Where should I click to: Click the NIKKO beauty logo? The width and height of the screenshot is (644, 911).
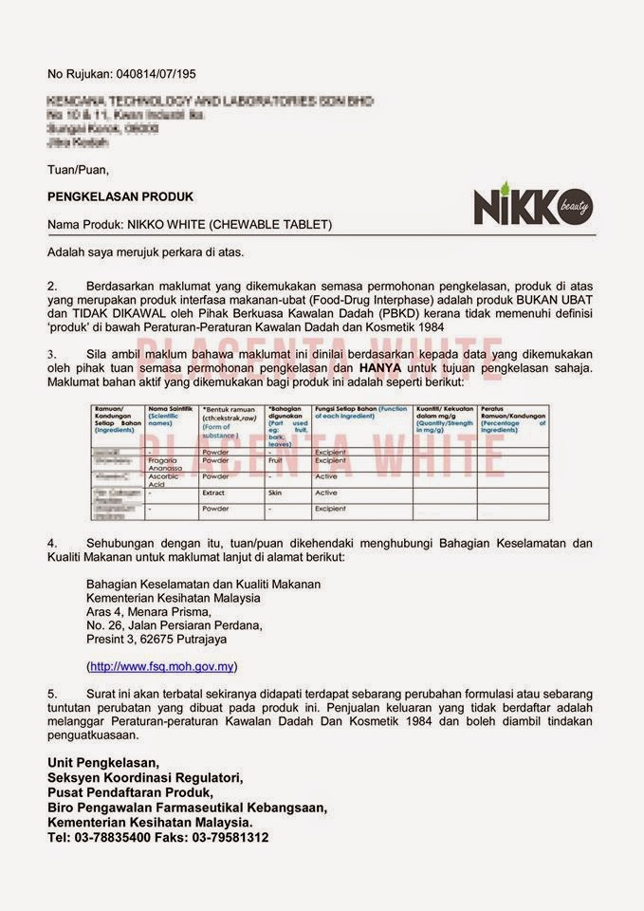[x=533, y=206]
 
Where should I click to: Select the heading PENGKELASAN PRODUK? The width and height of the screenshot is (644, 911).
[x=120, y=196]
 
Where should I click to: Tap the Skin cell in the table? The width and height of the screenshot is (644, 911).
[x=275, y=493]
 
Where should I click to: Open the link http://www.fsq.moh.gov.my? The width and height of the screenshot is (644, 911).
[x=161, y=666]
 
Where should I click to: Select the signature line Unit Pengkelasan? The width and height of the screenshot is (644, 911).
[x=104, y=762]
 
